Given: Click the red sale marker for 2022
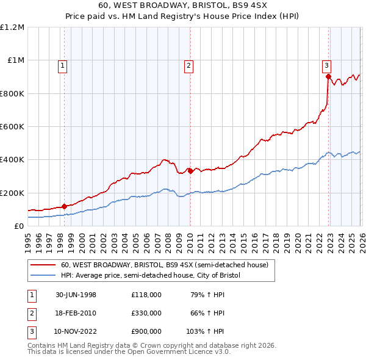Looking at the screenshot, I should (x=328, y=77).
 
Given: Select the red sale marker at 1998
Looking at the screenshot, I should (x=64, y=206).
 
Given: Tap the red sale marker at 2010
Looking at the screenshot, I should (x=190, y=171).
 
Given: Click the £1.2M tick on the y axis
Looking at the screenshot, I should (x=12, y=27).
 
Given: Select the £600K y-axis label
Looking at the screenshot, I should (x=12, y=127).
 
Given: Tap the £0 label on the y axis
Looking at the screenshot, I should (x=19, y=226).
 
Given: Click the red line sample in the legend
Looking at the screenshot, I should (x=44, y=265).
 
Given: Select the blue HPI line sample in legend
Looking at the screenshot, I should (x=44, y=276).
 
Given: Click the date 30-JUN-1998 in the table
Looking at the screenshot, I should (x=76, y=295).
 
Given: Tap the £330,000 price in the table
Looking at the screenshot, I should (x=146, y=313).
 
